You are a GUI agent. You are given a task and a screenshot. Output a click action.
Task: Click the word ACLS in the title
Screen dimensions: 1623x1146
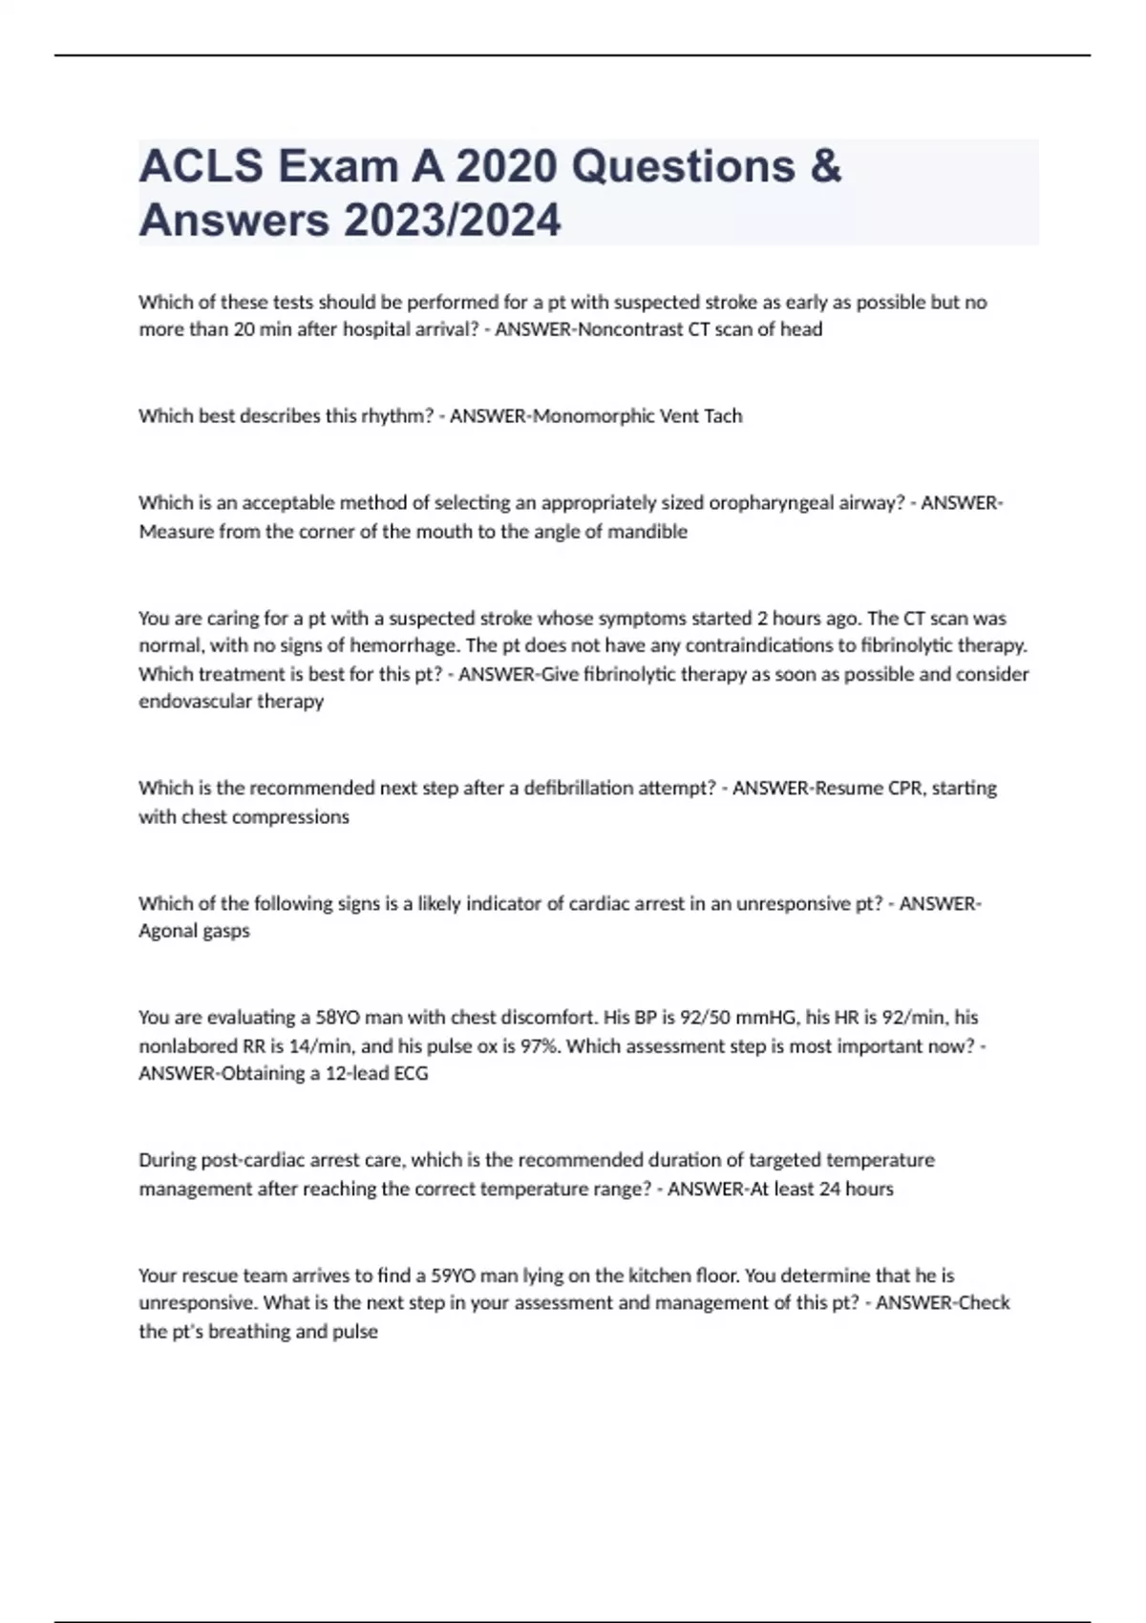[202, 166]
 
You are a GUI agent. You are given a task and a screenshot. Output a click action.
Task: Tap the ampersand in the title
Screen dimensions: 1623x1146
[825, 166]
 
